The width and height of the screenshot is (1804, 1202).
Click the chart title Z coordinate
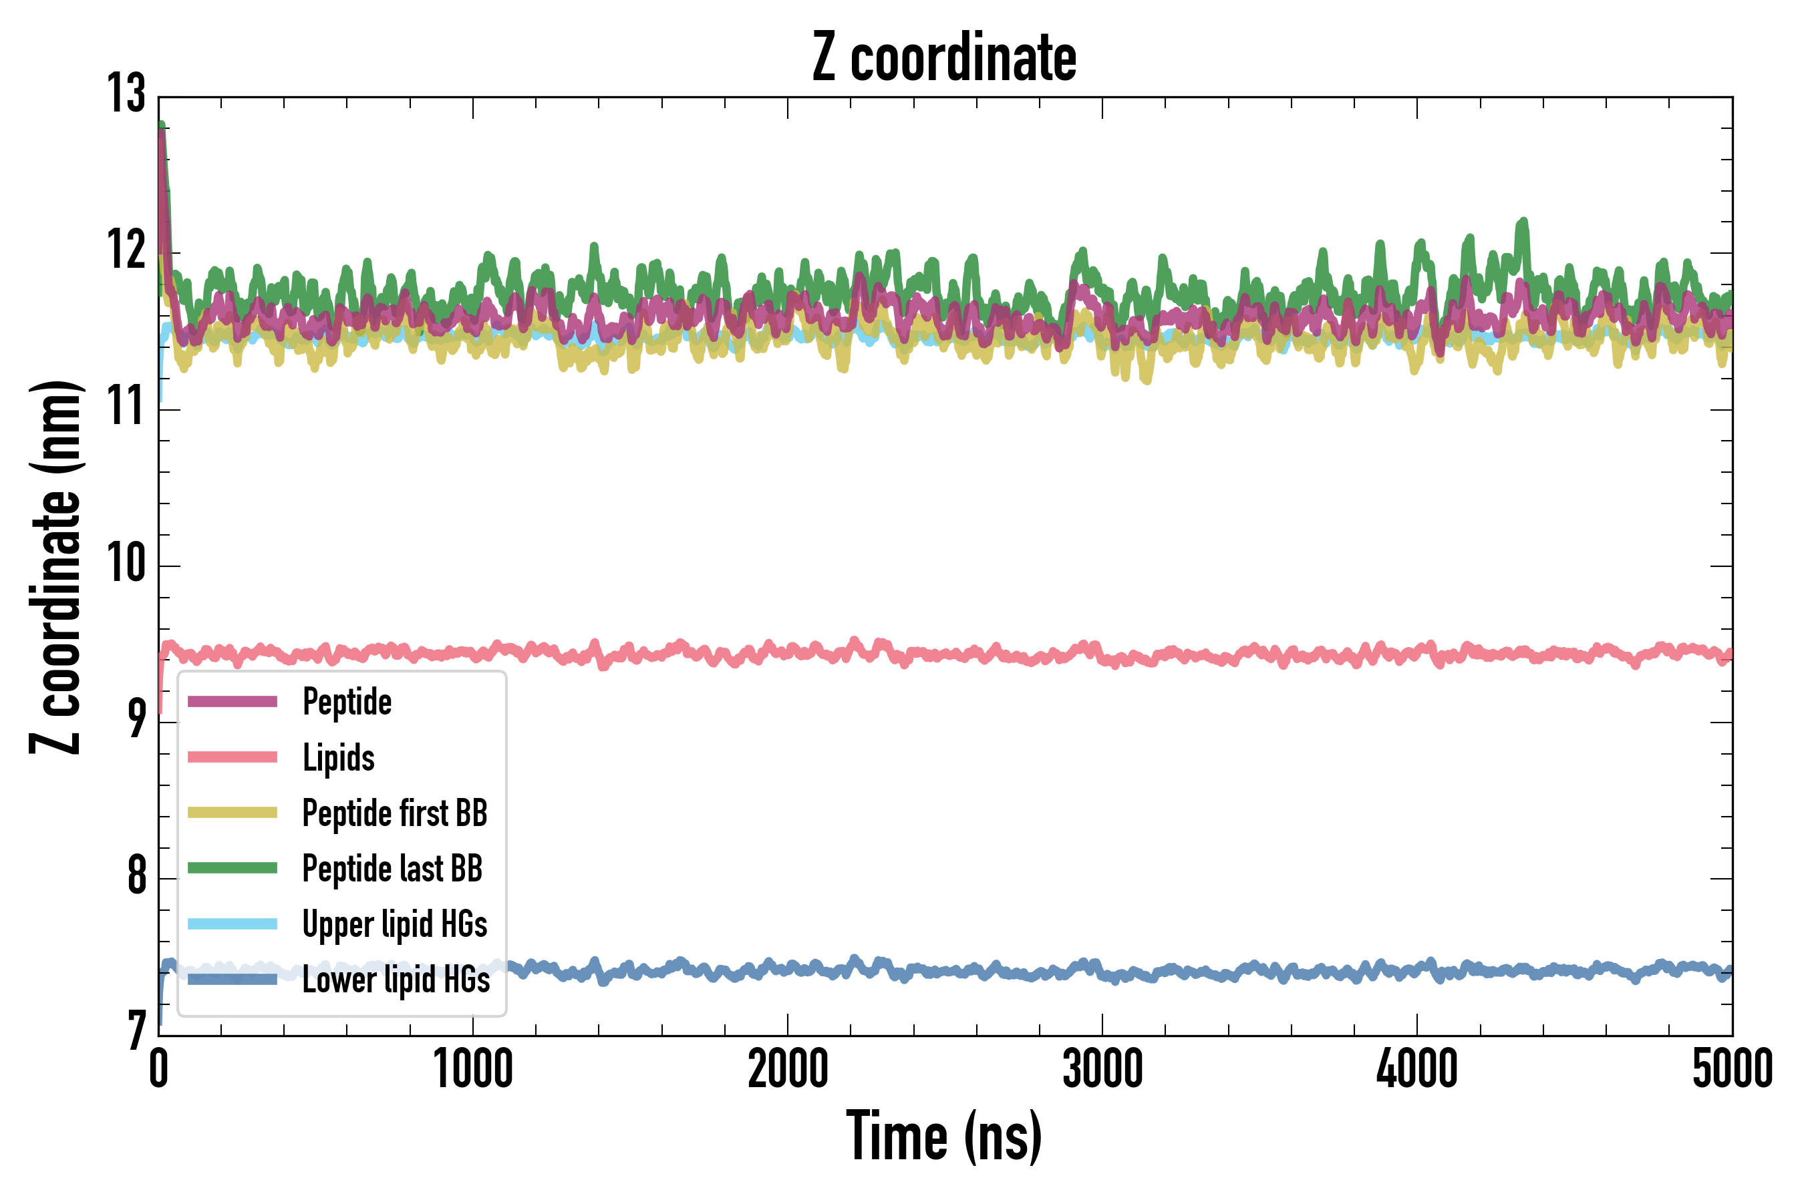tap(944, 57)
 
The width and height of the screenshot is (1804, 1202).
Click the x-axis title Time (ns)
tap(944, 1137)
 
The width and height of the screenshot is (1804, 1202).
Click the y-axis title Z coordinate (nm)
tap(55, 567)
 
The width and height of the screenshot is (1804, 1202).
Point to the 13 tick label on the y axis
tap(126, 94)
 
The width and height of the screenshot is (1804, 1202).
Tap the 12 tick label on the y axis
tap(126, 250)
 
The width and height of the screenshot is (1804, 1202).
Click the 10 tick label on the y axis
tap(126, 564)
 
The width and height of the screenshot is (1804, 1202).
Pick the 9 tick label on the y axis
tap(136, 720)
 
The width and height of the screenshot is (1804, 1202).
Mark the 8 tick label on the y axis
tap(136, 876)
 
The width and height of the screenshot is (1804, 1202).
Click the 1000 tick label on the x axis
tap(473, 1069)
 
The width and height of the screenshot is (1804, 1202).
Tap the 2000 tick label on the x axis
tap(788, 1069)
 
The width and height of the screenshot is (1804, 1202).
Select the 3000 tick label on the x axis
tap(1102, 1069)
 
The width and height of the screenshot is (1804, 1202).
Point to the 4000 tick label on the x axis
tap(1416, 1069)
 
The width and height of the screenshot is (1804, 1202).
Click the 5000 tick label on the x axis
tap(1732, 1069)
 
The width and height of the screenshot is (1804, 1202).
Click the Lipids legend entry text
tap(338, 757)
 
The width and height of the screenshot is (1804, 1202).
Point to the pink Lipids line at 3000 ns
tap(1102, 656)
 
